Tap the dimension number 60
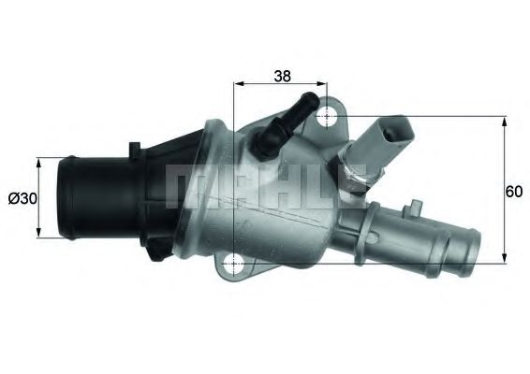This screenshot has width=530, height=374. point(513,192)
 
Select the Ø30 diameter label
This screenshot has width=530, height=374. point(21,198)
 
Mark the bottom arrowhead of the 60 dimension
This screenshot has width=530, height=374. point(506,259)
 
